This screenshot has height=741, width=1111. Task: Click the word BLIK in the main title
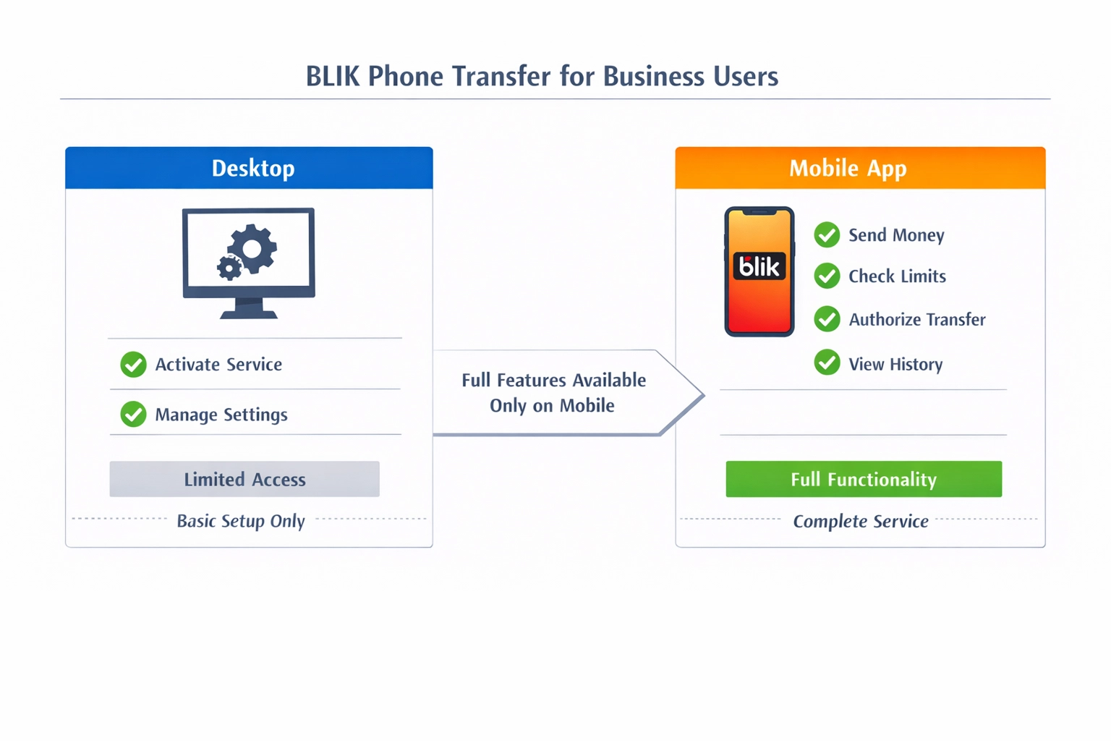[332, 76]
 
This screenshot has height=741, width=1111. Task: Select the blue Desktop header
[250, 168]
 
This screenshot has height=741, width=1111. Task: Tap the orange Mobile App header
[860, 168]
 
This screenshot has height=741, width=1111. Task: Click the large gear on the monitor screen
[252, 248]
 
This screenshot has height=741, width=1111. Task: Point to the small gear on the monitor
[229, 268]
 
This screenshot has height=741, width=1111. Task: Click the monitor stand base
[249, 313]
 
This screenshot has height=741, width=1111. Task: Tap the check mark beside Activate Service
[133, 365]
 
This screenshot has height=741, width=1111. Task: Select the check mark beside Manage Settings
[133, 415]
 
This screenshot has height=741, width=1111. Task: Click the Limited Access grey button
[244, 479]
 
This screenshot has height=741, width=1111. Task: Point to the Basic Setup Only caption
[241, 521]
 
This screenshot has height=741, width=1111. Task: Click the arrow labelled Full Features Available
[553, 393]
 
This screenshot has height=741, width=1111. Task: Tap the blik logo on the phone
[759, 267]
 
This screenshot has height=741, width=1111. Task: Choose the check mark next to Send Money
[827, 235]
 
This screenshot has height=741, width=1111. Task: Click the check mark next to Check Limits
[827, 276]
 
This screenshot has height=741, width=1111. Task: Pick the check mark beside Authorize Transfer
[827, 319]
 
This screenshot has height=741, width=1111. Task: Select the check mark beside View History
[827, 363]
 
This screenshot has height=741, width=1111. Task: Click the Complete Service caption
[861, 521]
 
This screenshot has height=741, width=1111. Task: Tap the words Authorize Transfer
[916, 320]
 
